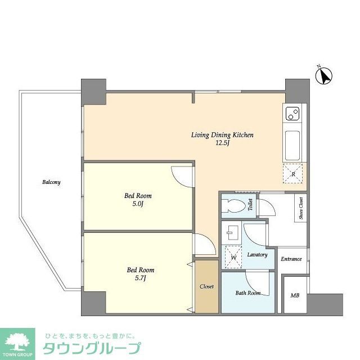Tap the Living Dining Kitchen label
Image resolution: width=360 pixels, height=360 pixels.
point(223,135)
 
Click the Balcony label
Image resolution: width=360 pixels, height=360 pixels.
point(51,182)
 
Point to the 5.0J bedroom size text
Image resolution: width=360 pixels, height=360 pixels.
point(138,204)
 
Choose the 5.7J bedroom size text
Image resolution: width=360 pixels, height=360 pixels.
point(139,278)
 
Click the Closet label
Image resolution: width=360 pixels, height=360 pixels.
point(207,286)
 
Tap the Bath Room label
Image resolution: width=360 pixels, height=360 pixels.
point(247,293)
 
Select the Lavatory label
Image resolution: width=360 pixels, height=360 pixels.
point(257,255)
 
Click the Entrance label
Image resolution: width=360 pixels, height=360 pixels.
point(292,259)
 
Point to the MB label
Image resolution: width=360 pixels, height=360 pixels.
point(294,296)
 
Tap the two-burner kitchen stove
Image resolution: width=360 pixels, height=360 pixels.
point(292,114)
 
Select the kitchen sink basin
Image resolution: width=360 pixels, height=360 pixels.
point(293,146)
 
